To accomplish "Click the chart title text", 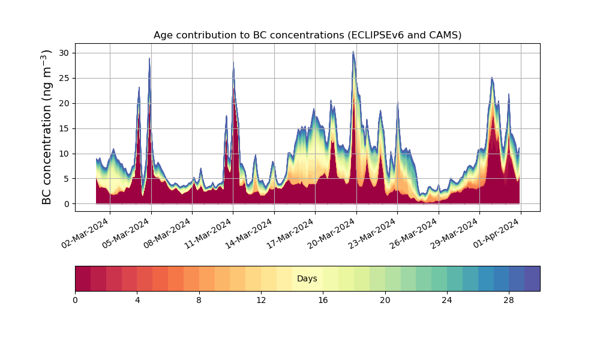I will [x=307, y=35].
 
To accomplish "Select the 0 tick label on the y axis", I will [x=67, y=204].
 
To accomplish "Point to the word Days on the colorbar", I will [x=307, y=279].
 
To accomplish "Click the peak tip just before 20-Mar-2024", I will [x=353, y=52].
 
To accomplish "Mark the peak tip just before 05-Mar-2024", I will [x=149, y=58].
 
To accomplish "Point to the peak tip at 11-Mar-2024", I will [x=233, y=62].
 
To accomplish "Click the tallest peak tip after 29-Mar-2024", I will [x=492, y=77].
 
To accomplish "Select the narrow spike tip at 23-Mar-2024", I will [x=397, y=103].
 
